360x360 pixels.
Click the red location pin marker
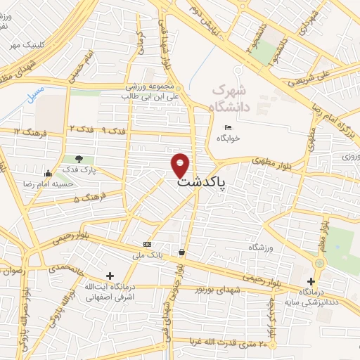click(x=181, y=165)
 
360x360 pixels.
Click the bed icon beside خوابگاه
click(x=227, y=127)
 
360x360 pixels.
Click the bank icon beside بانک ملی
click(x=147, y=244)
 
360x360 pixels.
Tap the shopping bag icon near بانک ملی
click(x=182, y=252)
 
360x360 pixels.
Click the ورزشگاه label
click(x=259, y=248)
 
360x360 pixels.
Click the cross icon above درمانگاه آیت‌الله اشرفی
click(x=108, y=276)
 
